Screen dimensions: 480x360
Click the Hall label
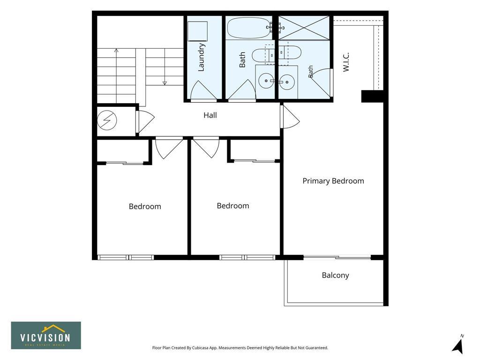tap(210, 115)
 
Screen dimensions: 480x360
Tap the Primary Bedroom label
tap(333, 181)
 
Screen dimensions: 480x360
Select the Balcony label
tap(335, 275)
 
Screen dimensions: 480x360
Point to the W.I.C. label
tap(346, 62)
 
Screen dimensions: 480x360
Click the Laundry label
tap(201, 57)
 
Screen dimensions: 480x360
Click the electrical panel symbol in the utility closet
tap(107, 120)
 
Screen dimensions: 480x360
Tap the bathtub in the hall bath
tap(249, 28)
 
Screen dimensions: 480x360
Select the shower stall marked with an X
tap(304, 28)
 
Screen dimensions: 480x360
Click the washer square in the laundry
tap(197, 31)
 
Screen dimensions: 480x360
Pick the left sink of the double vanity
tap(266, 81)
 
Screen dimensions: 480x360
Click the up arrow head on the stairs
tap(116, 50)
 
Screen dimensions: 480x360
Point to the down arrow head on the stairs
tap(165, 83)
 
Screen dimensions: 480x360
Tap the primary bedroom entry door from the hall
tap(290, 117)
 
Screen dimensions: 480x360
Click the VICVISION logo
tap(46, 336)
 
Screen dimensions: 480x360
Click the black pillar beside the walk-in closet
tap(372, 96)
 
